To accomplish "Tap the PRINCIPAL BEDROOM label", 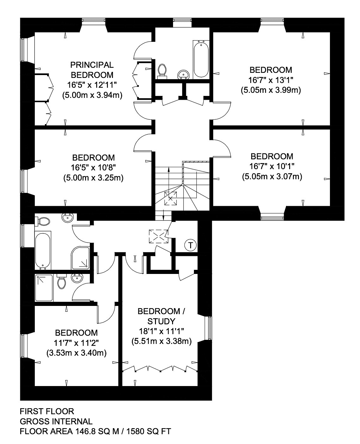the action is coord(92,70).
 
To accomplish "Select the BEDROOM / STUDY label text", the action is coord(161,316).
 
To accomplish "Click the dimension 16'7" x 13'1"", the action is coord(271,80).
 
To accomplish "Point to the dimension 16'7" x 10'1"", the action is coord(272,166).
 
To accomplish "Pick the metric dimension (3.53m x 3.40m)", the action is coord(77,353).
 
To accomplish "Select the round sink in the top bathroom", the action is coord(183,74).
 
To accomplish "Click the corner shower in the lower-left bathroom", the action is coord(80,258).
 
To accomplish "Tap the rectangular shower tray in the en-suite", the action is coord(44,288).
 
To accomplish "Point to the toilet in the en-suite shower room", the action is coord(61,281).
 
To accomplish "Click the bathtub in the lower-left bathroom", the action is coord(43,251).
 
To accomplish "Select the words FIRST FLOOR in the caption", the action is coord(47,411).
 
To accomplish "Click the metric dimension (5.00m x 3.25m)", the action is coord(93,178).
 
